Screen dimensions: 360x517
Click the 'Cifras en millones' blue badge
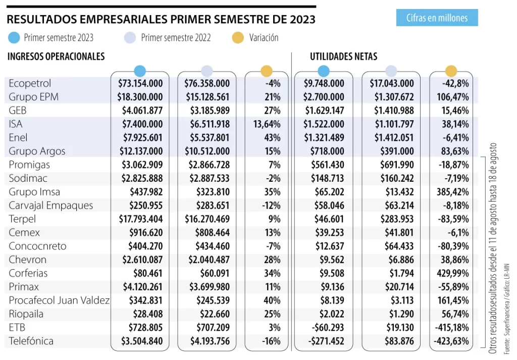437,18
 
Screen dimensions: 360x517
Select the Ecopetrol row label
30,83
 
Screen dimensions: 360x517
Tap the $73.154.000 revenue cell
140,83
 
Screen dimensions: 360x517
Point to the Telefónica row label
31,341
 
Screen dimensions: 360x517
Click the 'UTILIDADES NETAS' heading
343,57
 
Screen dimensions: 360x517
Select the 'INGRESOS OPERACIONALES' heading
56,57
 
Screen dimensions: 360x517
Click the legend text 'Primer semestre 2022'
176,37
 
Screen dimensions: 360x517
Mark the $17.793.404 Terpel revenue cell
140,219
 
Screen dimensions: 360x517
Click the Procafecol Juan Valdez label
59,300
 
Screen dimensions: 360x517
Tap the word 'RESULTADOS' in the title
42,20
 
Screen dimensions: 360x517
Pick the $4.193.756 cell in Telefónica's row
207,341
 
